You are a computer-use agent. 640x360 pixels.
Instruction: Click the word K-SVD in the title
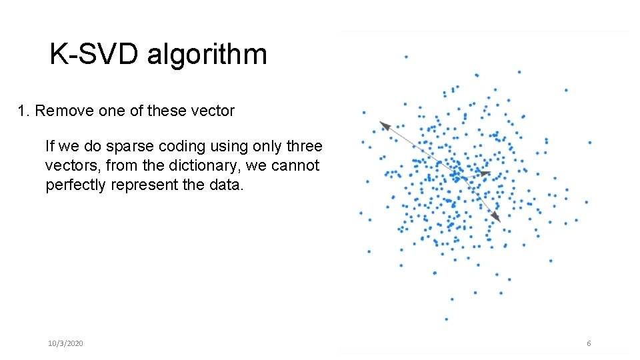click(x=95, y=55)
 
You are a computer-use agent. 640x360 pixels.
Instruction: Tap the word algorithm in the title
click(x=207, y=55)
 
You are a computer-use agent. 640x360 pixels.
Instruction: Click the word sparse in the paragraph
click(x=120, y=146)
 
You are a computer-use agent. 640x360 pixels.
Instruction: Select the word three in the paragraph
click(x=304, y=146)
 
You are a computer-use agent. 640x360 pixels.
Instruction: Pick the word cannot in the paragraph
click(x=295, y=165)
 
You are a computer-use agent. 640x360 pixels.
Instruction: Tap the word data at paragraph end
click(x=227, y=185)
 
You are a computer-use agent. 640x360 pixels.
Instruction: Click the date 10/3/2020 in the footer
click(x=65, y=343)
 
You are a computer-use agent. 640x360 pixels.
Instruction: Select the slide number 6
click(x=589, y=343)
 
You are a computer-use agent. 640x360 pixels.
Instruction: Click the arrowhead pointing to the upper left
click(x=383, y=125)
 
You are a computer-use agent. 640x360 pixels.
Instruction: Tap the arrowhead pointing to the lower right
click(x=496, y=217)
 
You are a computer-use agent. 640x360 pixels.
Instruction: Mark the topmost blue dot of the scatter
click(x=406, y=57)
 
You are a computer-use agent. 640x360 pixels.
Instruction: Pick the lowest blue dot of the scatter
click(x=446, y=319)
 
